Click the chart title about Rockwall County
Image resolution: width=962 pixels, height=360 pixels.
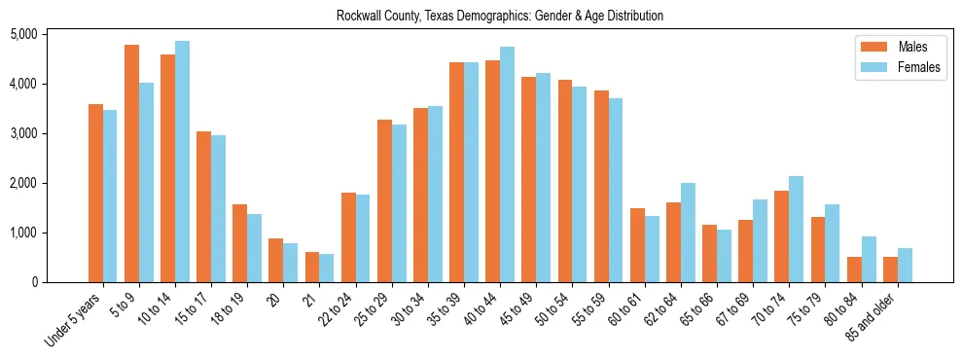point(500,16)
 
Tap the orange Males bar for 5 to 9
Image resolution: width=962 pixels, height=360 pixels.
point(131,163)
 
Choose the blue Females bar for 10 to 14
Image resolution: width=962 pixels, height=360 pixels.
point(182,162)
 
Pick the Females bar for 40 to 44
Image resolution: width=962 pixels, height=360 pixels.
point(507,164)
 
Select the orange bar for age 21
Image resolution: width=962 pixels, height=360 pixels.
point(312,268)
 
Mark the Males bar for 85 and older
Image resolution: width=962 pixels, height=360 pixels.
point(890,270)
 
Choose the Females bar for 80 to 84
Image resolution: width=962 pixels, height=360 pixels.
point(869,259)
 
